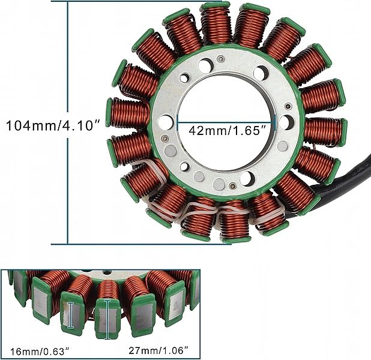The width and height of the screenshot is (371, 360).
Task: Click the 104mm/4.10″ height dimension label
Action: pos(53,125)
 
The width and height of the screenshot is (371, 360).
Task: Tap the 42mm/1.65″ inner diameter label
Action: pos(228,130)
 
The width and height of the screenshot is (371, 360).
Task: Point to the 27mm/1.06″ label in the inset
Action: pos(158,350)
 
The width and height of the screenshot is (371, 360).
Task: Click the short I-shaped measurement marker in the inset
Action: pos(70,315)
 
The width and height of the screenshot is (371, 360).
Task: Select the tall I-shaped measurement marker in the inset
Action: pos(107,319)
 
